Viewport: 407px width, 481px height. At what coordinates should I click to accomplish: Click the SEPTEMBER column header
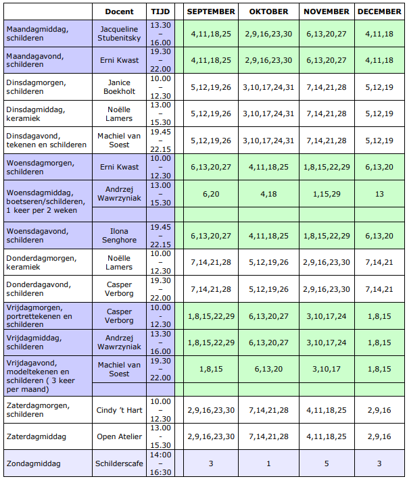(x=211, y=11)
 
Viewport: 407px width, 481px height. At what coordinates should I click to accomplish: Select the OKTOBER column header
(x=268, y=11)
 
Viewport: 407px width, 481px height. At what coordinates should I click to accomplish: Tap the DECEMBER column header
(x=379, y=11)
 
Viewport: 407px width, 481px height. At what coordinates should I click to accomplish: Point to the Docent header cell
(x=119, y=11)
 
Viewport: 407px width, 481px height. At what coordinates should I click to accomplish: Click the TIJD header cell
(x=160, y=11)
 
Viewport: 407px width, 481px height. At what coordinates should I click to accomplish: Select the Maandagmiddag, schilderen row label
(x=37, y=33)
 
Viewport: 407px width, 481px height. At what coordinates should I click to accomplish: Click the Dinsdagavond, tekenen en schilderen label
(x=47, y=141)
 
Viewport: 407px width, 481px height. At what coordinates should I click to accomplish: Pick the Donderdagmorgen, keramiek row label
(x=41, y=262)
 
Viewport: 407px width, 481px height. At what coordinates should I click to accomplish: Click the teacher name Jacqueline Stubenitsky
(x=119, y=33)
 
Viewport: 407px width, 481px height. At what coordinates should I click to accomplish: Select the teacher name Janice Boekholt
(x=119, y=87)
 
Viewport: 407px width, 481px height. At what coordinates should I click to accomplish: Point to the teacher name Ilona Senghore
(x=119, y=236)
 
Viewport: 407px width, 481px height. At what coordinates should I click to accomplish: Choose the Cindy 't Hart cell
(x=119, y=410)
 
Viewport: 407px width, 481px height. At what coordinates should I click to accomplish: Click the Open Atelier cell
(x=119, y=436)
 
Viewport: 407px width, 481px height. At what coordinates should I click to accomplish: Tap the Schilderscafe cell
(x=119, y=463)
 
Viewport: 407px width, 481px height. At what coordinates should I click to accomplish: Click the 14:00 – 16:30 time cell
(x=160, y=463)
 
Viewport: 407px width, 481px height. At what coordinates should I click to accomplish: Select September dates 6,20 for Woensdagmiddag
(x=211, y=194)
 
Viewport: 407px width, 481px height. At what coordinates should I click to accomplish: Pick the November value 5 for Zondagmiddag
(x=327, y=463)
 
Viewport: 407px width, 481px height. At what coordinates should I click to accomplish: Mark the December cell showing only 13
(x=379, y=194)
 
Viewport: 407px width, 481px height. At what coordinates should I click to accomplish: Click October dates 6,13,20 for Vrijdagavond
(x=268, y=369)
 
